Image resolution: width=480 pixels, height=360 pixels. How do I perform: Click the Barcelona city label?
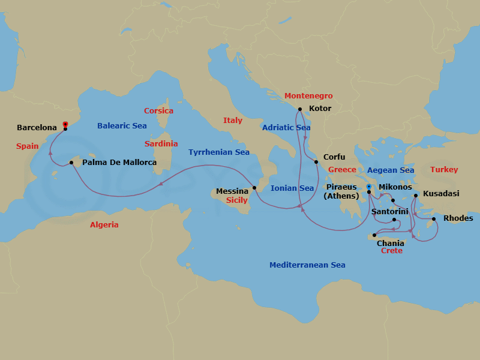(x=37, y=128)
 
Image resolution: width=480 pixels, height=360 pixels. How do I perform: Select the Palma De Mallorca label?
(x=119, y=163)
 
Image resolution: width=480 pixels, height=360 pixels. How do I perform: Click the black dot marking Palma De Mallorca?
(x=71, y=163)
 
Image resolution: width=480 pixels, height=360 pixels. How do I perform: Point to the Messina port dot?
(x=254, y=188)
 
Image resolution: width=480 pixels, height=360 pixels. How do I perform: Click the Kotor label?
(x=320, y=109)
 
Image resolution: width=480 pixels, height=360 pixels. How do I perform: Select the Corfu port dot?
(x=316, y=161)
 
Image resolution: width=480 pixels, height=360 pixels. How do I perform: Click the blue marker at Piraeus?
(x=368, y=187)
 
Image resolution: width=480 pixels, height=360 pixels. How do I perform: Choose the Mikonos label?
(x=395, y=187)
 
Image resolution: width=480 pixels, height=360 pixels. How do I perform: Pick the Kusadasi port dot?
(x=416, y=195)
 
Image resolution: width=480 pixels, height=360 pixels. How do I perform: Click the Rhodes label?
(x=458, y=218)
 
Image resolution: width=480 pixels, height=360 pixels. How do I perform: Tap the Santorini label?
(x=390, y=212)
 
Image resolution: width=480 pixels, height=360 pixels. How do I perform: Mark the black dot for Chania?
(x=374, y=235)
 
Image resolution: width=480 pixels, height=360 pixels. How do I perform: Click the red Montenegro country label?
(x=308, y=96)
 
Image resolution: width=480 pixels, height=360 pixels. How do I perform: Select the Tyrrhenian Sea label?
(x=219, y=152)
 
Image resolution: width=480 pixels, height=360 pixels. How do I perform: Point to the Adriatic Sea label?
(x=286, y=128)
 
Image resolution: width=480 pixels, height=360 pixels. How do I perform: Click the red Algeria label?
(x=104, y=225)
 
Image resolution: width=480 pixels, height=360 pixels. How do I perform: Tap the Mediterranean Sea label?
(x=307, y=265)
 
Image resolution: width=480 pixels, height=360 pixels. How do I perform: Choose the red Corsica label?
(x=158, y=111)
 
